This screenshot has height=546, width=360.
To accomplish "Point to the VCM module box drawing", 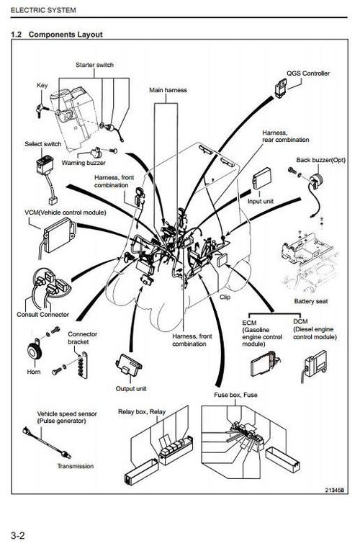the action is (x=59, y=236).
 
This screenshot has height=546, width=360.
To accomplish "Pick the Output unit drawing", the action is (x=129, y=364).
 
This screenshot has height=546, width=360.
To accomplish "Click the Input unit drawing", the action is (x=261, y=179).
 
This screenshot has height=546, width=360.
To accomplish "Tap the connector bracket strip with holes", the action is (x=84, y=365).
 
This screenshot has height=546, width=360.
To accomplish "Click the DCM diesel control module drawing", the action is (x=315, y=365).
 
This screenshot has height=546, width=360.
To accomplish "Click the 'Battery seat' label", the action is (x=311, y=301).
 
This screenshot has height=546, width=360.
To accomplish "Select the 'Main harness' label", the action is (x=168, y=90).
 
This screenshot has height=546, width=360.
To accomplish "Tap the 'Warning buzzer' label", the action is (x=84, y=163).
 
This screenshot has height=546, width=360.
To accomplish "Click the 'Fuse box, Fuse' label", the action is (x=235, y=395).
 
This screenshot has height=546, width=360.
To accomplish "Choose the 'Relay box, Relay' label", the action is (x=142, y=412).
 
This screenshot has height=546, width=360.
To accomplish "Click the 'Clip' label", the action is (x=225, y=297).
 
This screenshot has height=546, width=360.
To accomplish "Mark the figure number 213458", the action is (x=335, y=490).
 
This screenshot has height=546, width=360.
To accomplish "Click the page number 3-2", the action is (x=18, y=535).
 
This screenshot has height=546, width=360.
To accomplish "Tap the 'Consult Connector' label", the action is (x=42, y=315).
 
